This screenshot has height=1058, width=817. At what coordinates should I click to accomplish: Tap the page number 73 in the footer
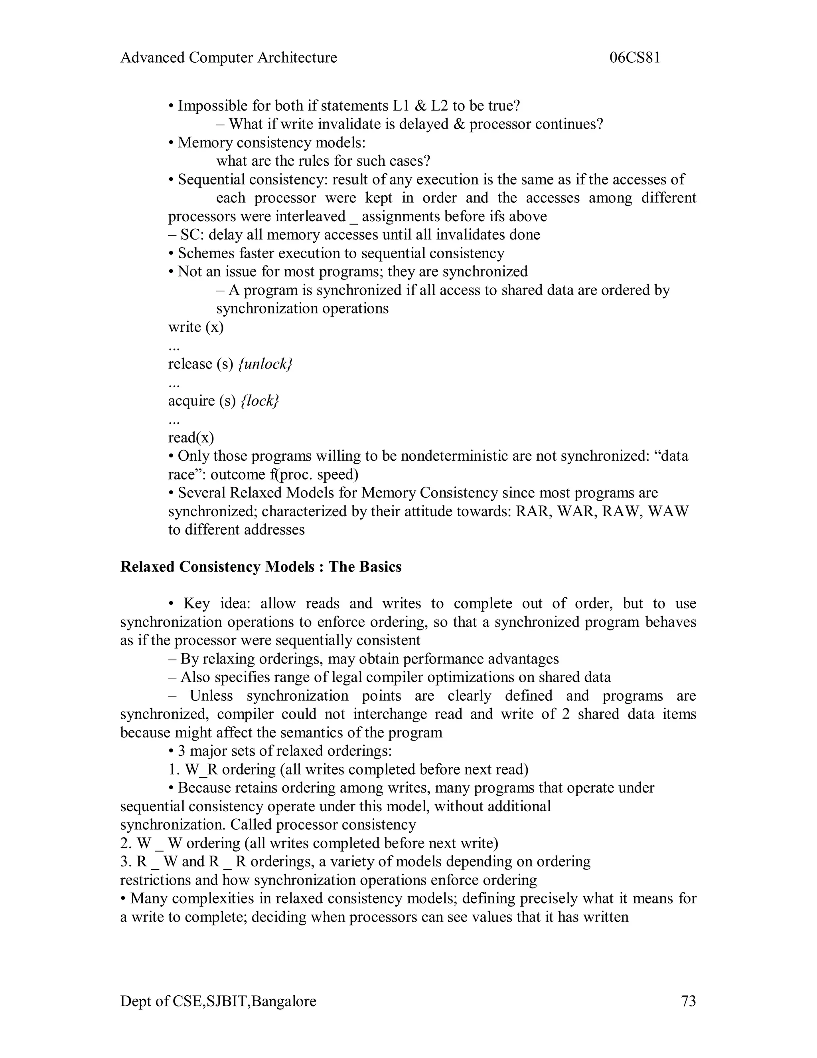tap(688, 1001)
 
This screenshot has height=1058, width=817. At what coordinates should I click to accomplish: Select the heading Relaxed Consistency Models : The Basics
tap(260, 567)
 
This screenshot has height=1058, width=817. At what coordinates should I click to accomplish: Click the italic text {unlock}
tap(266, 364)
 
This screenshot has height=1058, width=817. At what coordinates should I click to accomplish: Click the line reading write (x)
tap(195, 327)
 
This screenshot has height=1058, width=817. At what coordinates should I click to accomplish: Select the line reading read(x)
tap(191, 438)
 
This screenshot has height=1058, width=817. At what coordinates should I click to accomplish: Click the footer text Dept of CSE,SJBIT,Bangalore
tap(218, 1001)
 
